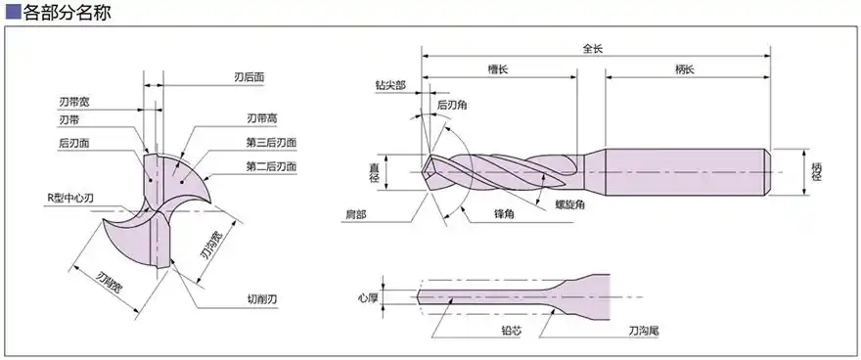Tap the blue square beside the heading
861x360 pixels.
pyautogui.click(x=13, y=13)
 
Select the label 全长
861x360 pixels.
pyautogui.click(x=593, y=48)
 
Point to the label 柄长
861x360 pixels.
pyautogui.click(x=684, y=69)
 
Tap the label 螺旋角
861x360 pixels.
pyautogui.click(x=570, y=205)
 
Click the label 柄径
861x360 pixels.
pyautogui.click(x=817, y=171)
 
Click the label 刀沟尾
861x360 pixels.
pyautogui.click(x=642, y=333)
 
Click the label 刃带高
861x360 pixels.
pyautogui.click(x=262, y=119)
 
